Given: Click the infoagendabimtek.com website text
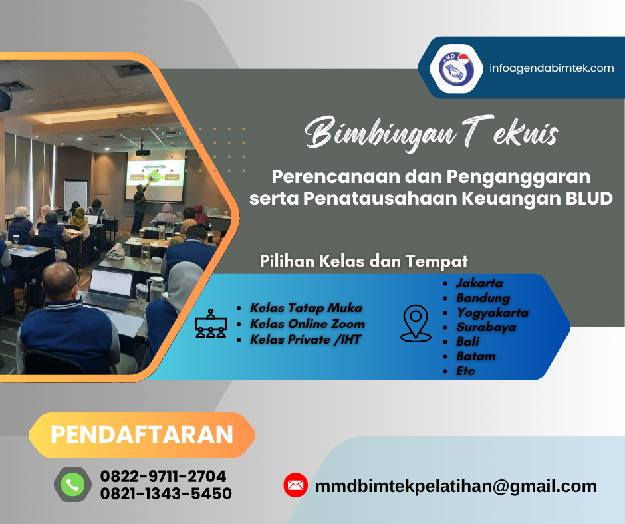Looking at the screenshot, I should (x=551, y=68).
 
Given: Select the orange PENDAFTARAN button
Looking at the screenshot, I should (x=142, y=434).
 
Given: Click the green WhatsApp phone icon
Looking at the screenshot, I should (x=72, y=485).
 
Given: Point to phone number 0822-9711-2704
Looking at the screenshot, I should (x=163, y=476).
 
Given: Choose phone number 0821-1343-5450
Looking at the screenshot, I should (x=166, y=493).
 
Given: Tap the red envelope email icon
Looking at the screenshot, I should (x=295, y=485).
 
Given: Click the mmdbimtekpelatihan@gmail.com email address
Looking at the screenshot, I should (x=455, y=486).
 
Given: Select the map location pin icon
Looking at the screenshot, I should (x=416, y=323).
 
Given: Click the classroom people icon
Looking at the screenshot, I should (x=211, y=324).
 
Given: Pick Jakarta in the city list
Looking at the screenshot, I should (x=479, y=283).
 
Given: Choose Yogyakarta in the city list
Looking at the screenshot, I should (x=492, y=312).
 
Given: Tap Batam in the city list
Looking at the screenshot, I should (x=475, y=356).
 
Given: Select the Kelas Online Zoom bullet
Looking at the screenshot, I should (x=307, y=324).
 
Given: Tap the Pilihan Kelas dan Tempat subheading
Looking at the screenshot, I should (x=364, y=261).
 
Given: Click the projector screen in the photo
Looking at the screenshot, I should (x=155, y=176).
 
